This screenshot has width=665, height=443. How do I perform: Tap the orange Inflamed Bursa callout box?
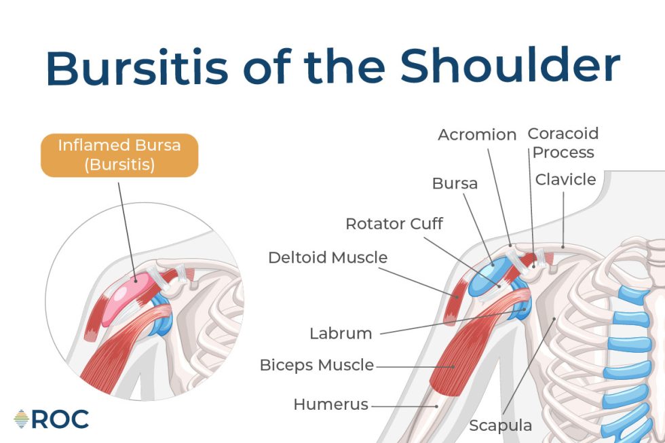pyautogui.click(x=119, y=155)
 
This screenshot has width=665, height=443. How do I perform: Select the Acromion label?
pyautogui.click(x=477, y=134)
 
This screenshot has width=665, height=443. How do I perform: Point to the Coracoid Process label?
pyautogui.click(x=563, y=143)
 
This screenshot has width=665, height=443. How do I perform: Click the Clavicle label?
pyautogui.click(x=565, y=180)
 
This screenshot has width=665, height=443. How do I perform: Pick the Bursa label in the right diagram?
pyautogui.click(x=455, y=183)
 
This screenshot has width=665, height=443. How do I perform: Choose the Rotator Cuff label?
pyautogui.click(x=394, y=223)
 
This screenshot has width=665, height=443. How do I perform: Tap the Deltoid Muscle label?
pyautogui.click(x=328, y=258)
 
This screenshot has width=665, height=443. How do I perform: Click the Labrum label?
pyautogui.click(x=341, y=333)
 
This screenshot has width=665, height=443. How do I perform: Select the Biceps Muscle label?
pyautogui.click(x=316, y=365)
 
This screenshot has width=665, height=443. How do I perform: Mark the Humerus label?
pyautogui.click(x=330, y=404)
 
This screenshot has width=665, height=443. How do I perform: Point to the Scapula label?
pyautogui.click(x=501, y=425)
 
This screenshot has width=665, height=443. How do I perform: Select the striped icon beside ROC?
pyautogui.click(x=22, y=419)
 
